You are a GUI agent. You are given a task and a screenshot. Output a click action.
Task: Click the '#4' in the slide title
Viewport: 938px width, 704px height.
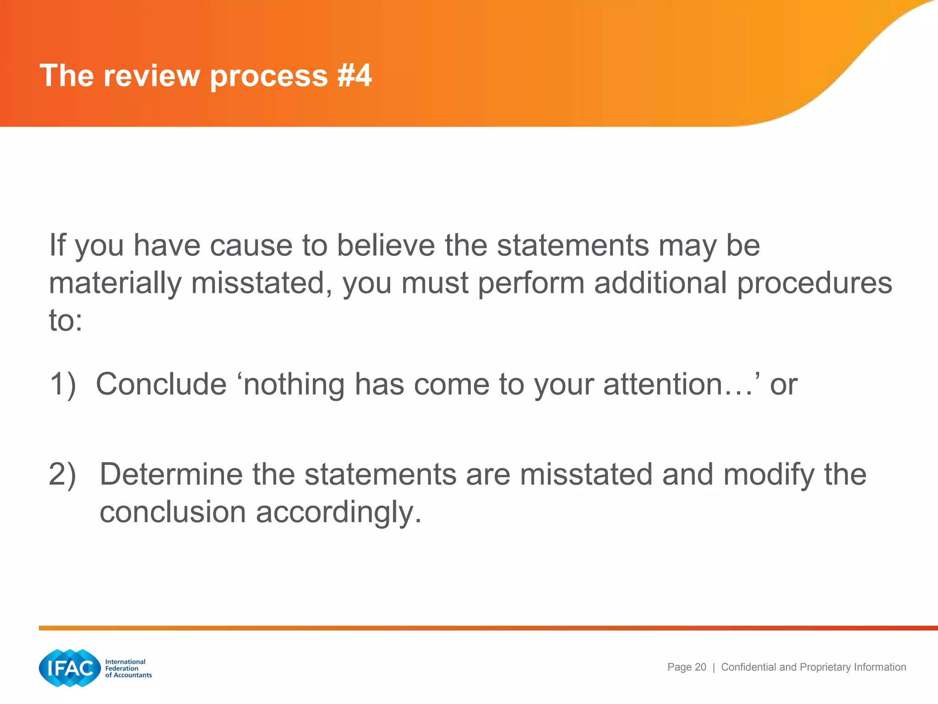point(354,75)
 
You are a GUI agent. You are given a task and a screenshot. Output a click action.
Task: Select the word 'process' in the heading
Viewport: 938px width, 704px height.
point(269,76)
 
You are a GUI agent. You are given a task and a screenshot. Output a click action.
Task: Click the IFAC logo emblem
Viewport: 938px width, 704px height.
point(70,668)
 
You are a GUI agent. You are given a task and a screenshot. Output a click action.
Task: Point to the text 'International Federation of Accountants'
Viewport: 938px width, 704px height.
point(128,668)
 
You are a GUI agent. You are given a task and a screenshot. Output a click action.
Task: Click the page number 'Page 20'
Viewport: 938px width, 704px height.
point(687,667)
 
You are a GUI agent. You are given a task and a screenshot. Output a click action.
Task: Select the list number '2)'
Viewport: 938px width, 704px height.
point(63,474)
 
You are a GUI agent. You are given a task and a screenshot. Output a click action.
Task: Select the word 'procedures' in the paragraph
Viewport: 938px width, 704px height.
point(814,283)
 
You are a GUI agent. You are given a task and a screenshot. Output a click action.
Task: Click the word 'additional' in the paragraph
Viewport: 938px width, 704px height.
point(660,283)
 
